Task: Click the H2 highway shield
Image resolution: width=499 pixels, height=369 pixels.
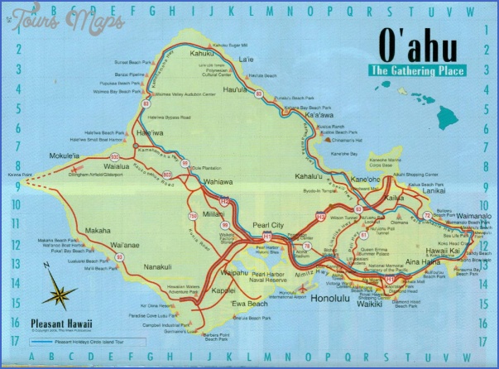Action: coord(224,200)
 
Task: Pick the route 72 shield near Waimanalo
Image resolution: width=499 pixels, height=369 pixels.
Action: coord(427,216)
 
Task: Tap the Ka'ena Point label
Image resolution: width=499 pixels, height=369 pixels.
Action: coord(16,175)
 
